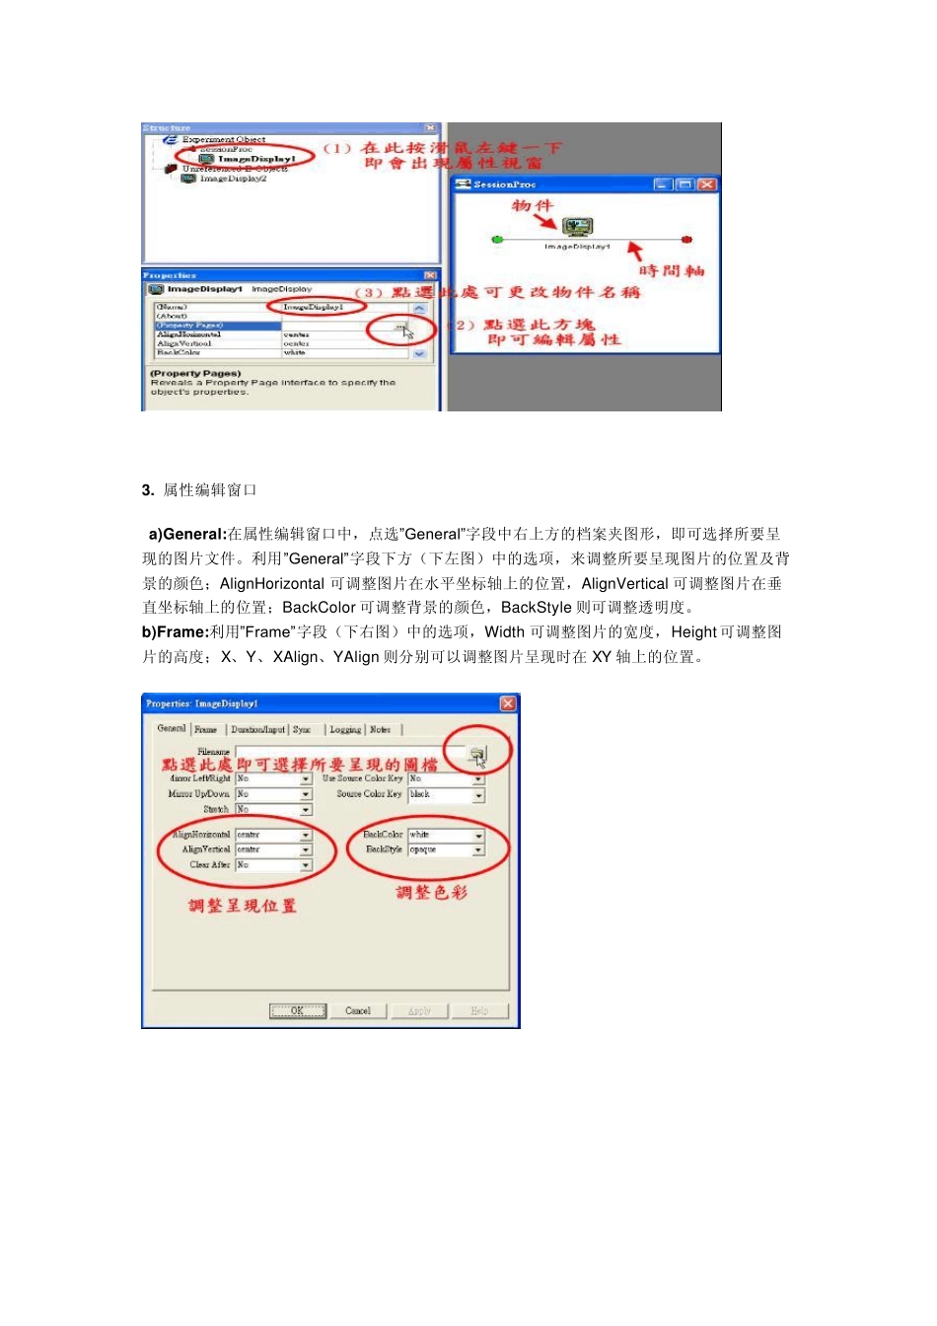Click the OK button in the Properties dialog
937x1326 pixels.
[297, 1010]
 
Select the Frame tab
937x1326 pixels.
[205, 729]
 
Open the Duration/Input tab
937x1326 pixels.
[257, 730]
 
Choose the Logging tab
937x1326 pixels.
[345, 730]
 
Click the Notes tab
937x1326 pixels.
[380, 730]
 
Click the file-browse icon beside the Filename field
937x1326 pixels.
[477, 755]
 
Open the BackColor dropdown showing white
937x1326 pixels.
[479, 836]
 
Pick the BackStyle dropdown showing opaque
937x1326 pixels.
[479, 850]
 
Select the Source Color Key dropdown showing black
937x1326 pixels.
[479, 795]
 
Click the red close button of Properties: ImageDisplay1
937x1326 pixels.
[508, 703]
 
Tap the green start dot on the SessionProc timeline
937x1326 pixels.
[497, 239]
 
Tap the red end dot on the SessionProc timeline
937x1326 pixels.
[687, 239]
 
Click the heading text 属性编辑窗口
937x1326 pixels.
[210, 490]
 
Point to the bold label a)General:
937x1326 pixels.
[187, 535]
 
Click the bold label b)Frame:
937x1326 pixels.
[176, 632]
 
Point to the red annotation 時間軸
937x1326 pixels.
[672, 270]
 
